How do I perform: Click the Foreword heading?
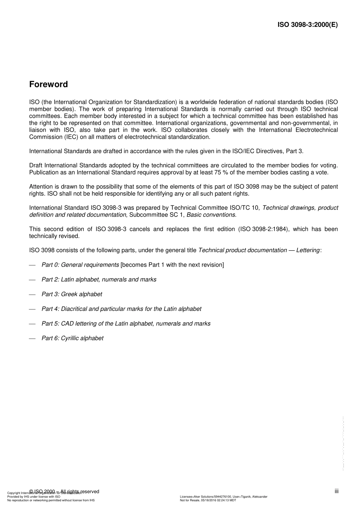point(49,84)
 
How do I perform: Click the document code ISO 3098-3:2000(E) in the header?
point(307,25)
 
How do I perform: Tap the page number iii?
point(337,491)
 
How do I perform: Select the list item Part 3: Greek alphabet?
point(72,294)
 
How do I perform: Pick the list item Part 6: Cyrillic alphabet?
point(72,338)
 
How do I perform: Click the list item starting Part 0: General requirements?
point(80,265)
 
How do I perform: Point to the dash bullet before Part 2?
point(32,280)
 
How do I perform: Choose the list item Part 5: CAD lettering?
point(126,323)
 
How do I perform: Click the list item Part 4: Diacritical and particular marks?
point(121,309)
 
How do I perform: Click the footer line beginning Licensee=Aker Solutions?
point(224,497)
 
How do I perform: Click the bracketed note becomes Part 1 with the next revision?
point(172,265)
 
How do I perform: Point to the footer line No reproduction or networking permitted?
point(51,501)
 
